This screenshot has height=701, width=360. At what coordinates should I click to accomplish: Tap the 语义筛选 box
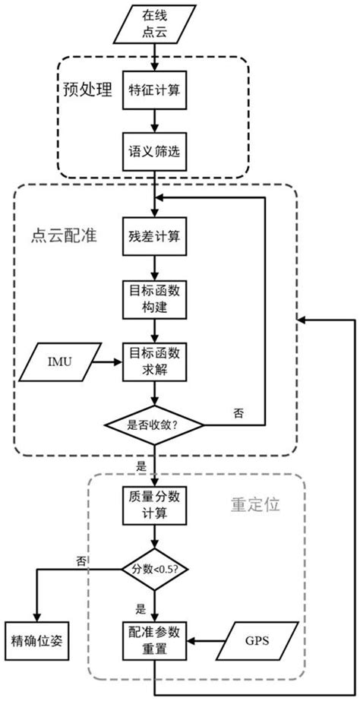[155, 150]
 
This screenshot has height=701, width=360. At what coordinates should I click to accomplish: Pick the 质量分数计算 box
[155, 504]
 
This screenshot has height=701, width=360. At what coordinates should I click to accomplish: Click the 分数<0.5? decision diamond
[155, 568]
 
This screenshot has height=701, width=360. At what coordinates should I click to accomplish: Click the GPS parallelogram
[255, 640]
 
